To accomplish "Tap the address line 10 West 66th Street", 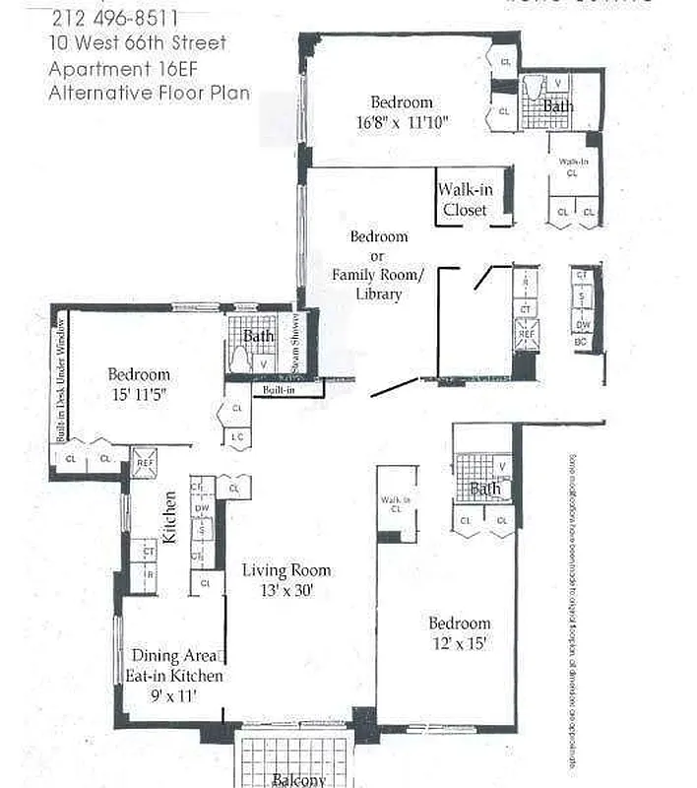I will coord(139,43).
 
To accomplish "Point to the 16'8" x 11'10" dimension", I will coord(402,122).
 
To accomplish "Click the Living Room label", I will coord(287,570).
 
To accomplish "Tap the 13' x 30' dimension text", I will coord(287,591).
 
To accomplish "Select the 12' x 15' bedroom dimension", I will coord(459,644).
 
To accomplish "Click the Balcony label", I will coord(298,780).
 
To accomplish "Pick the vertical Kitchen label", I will coord(169,518).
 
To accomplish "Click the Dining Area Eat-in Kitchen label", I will coord(173,666).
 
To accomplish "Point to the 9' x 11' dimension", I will coord(174,695).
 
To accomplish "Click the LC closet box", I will coord(237,437).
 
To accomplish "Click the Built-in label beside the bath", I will coord(278,391).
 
